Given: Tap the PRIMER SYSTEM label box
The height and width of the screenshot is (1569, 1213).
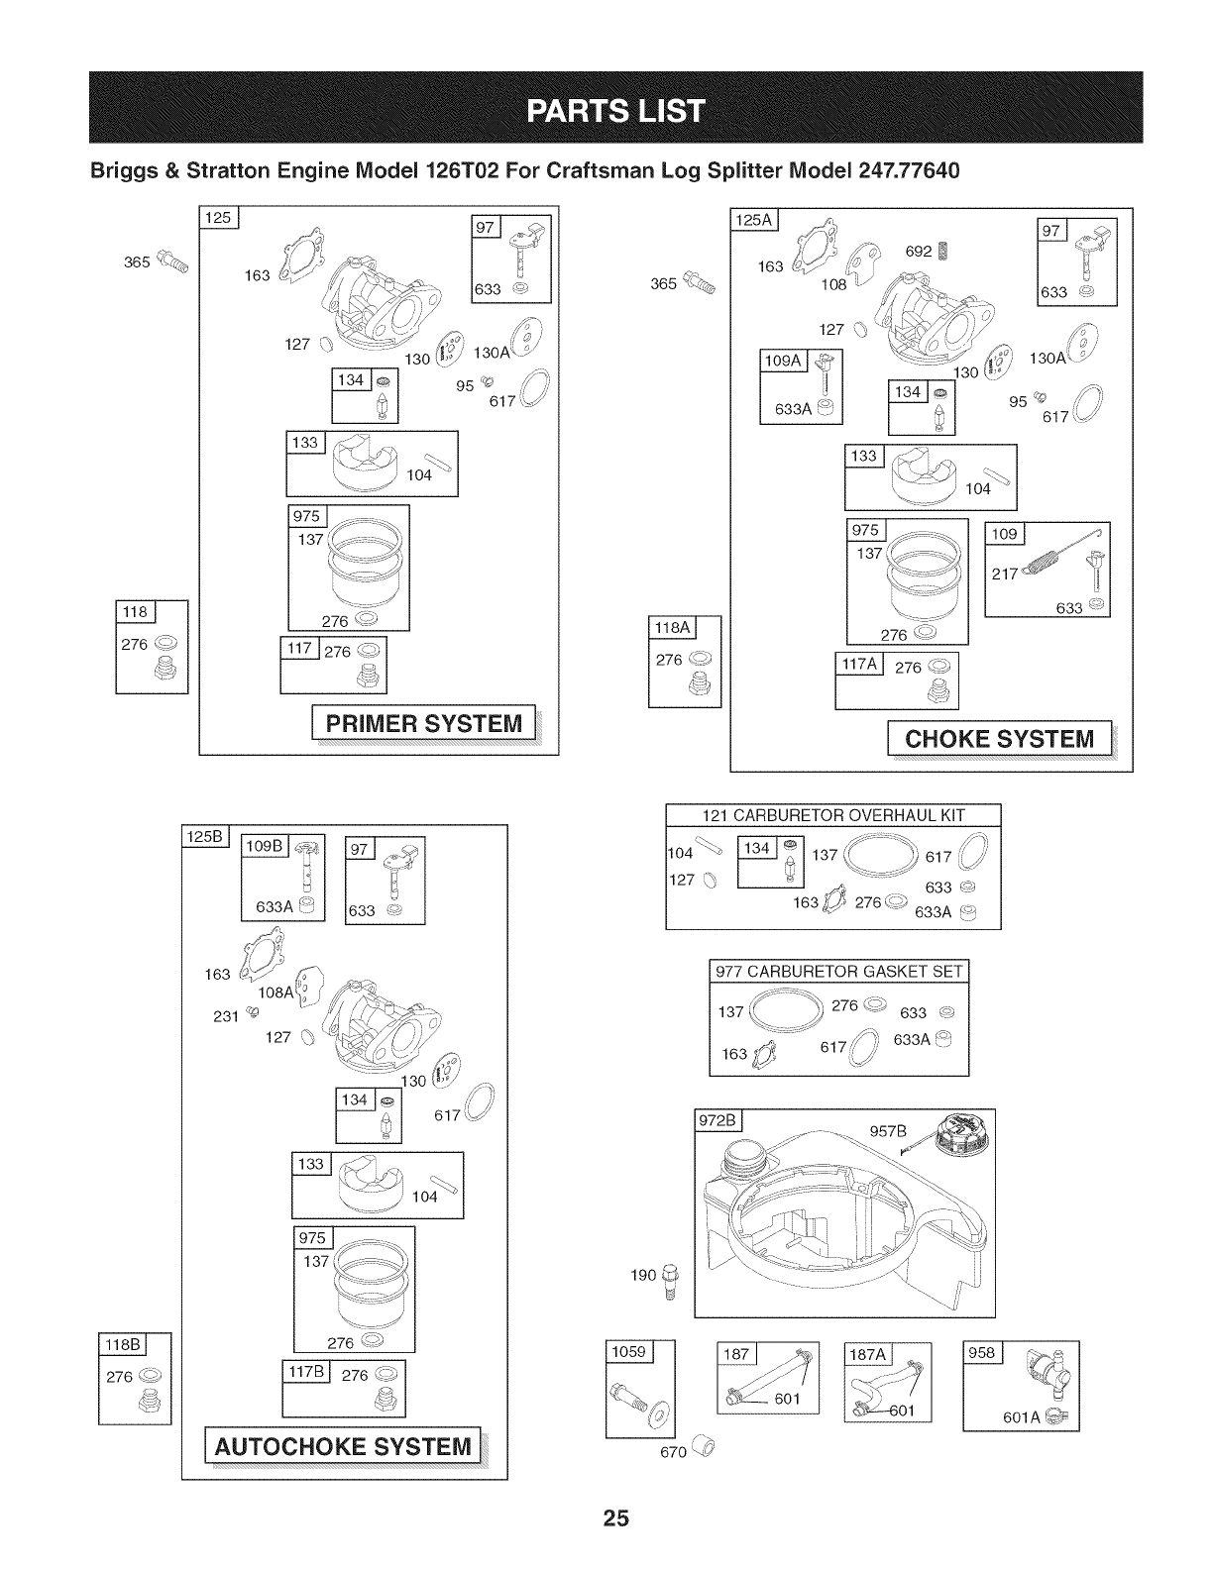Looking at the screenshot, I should [x=423, y=723].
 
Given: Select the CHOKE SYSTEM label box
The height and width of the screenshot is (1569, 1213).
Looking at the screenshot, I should [x=999, y=739].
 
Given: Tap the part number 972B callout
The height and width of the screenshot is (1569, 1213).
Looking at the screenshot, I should [x=718, y=1121].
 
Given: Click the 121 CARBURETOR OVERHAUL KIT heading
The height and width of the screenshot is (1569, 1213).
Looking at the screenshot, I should [x=832, y=815].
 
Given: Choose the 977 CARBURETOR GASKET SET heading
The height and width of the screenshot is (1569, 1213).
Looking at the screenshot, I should [x=839, y=972].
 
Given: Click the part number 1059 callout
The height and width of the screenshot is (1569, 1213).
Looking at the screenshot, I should [x=628, y=1351].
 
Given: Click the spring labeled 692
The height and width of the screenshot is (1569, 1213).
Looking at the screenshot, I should [x=942, y=252].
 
